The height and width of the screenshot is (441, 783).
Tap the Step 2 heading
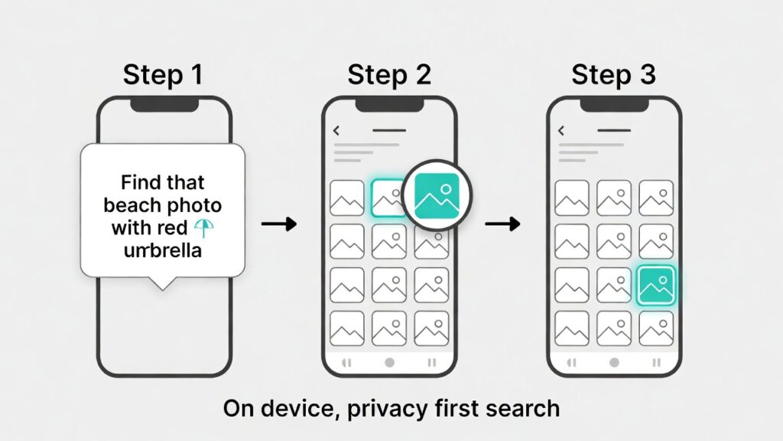389,75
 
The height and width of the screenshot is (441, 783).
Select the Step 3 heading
613,75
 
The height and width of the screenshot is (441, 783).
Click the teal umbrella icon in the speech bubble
203,227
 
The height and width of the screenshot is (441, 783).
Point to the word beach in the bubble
134,206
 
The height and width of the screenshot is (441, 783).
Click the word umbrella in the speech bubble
162,249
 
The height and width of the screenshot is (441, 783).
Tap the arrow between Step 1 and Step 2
278,224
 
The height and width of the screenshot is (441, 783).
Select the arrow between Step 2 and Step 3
502,224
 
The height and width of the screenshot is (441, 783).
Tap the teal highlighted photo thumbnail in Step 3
655,286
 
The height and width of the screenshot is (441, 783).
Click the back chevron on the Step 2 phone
336,131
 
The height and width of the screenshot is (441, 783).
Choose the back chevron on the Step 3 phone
561,131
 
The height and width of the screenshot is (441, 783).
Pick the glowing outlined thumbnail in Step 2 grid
389,198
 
